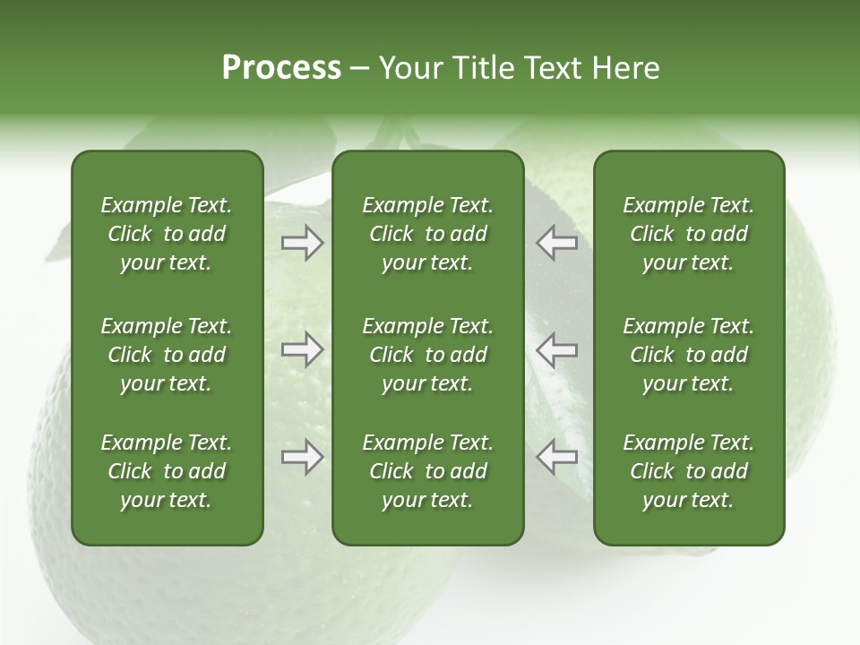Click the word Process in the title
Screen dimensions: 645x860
281,68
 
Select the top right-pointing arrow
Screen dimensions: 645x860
303,243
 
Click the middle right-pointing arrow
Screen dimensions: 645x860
303,349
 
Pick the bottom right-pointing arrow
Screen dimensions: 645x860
303,458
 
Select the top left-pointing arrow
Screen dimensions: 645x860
556,243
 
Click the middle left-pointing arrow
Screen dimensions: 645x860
556,349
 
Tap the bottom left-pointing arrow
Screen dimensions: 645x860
556,458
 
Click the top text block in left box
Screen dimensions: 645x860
167,234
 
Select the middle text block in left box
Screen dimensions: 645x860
167,355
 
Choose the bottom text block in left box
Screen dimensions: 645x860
167,471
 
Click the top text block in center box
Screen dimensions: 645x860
427,234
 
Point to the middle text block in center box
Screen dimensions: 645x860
427,355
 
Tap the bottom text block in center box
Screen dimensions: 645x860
427,471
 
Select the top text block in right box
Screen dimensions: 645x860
688,234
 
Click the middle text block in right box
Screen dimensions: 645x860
688,355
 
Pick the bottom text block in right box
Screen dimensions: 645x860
688,471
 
